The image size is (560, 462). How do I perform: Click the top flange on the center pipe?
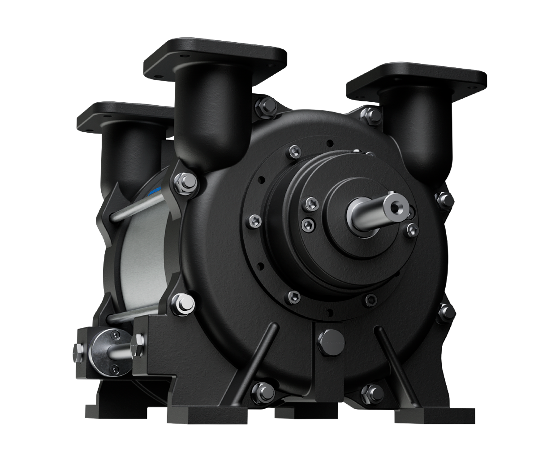(x=215, y=58)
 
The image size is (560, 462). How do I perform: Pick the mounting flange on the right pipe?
(x=417, y=80)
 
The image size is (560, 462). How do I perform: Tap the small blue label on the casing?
(x=155, y=193)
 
